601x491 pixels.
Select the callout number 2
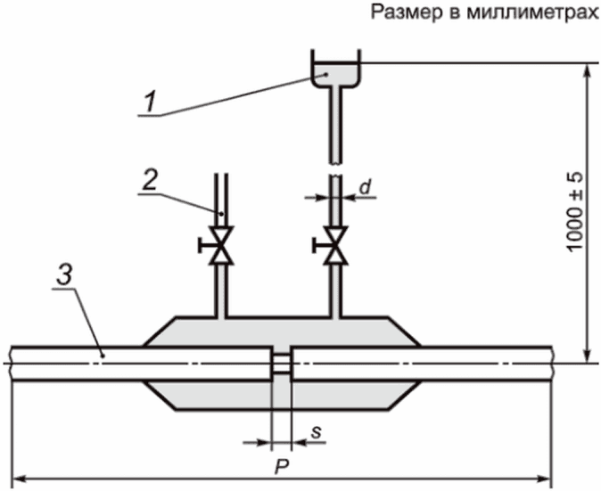150,180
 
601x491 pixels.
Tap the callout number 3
64,275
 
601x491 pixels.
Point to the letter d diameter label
366,187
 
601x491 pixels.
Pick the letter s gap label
316,432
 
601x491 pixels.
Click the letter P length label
282,466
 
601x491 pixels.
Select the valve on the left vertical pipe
220,245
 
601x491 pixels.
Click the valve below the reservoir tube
335,245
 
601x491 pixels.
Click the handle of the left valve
203,245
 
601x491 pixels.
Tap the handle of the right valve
317,245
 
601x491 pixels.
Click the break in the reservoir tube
335,170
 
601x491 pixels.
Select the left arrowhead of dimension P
19,479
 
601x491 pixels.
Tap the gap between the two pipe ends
282,363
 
